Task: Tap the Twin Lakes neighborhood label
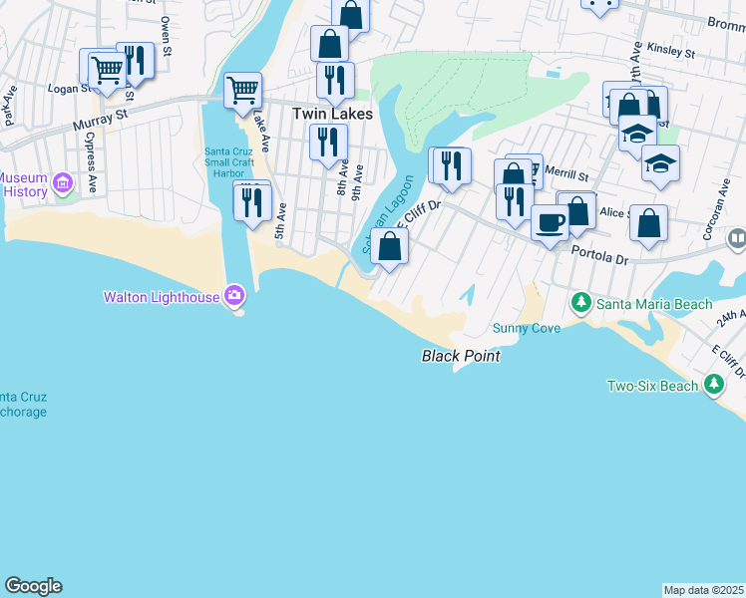click(332, 115)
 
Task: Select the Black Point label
click(460, 356)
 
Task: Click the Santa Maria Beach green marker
click(580, 301)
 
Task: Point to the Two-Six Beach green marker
click(713, 384)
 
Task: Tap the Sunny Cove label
click(526, 328)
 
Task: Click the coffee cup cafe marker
click(549, 222)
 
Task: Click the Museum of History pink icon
click(63, 183)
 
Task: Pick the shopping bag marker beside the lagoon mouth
click(389, 246)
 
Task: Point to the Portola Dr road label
click(599, 256)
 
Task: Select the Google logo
click(33, 586)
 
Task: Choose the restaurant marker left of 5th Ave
click(252, 202)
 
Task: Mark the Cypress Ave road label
click(90, 161)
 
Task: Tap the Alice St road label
click(615, 213)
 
